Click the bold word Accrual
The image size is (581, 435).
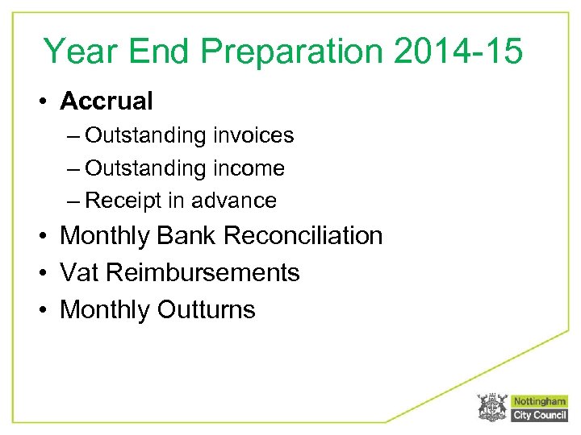coord(106,101)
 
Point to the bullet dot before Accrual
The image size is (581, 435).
coord(46,102)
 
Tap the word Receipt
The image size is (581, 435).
coord(119,201)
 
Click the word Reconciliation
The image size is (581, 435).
coord(303,236)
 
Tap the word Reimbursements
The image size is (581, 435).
coord(203,273)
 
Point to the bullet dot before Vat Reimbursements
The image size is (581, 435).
coord(46,274)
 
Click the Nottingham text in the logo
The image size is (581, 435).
coord(539,401)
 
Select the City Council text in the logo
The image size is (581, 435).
coord(539,415)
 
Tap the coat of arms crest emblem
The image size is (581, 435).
coord(491,408)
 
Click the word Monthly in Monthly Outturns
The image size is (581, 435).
coord(105,309)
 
